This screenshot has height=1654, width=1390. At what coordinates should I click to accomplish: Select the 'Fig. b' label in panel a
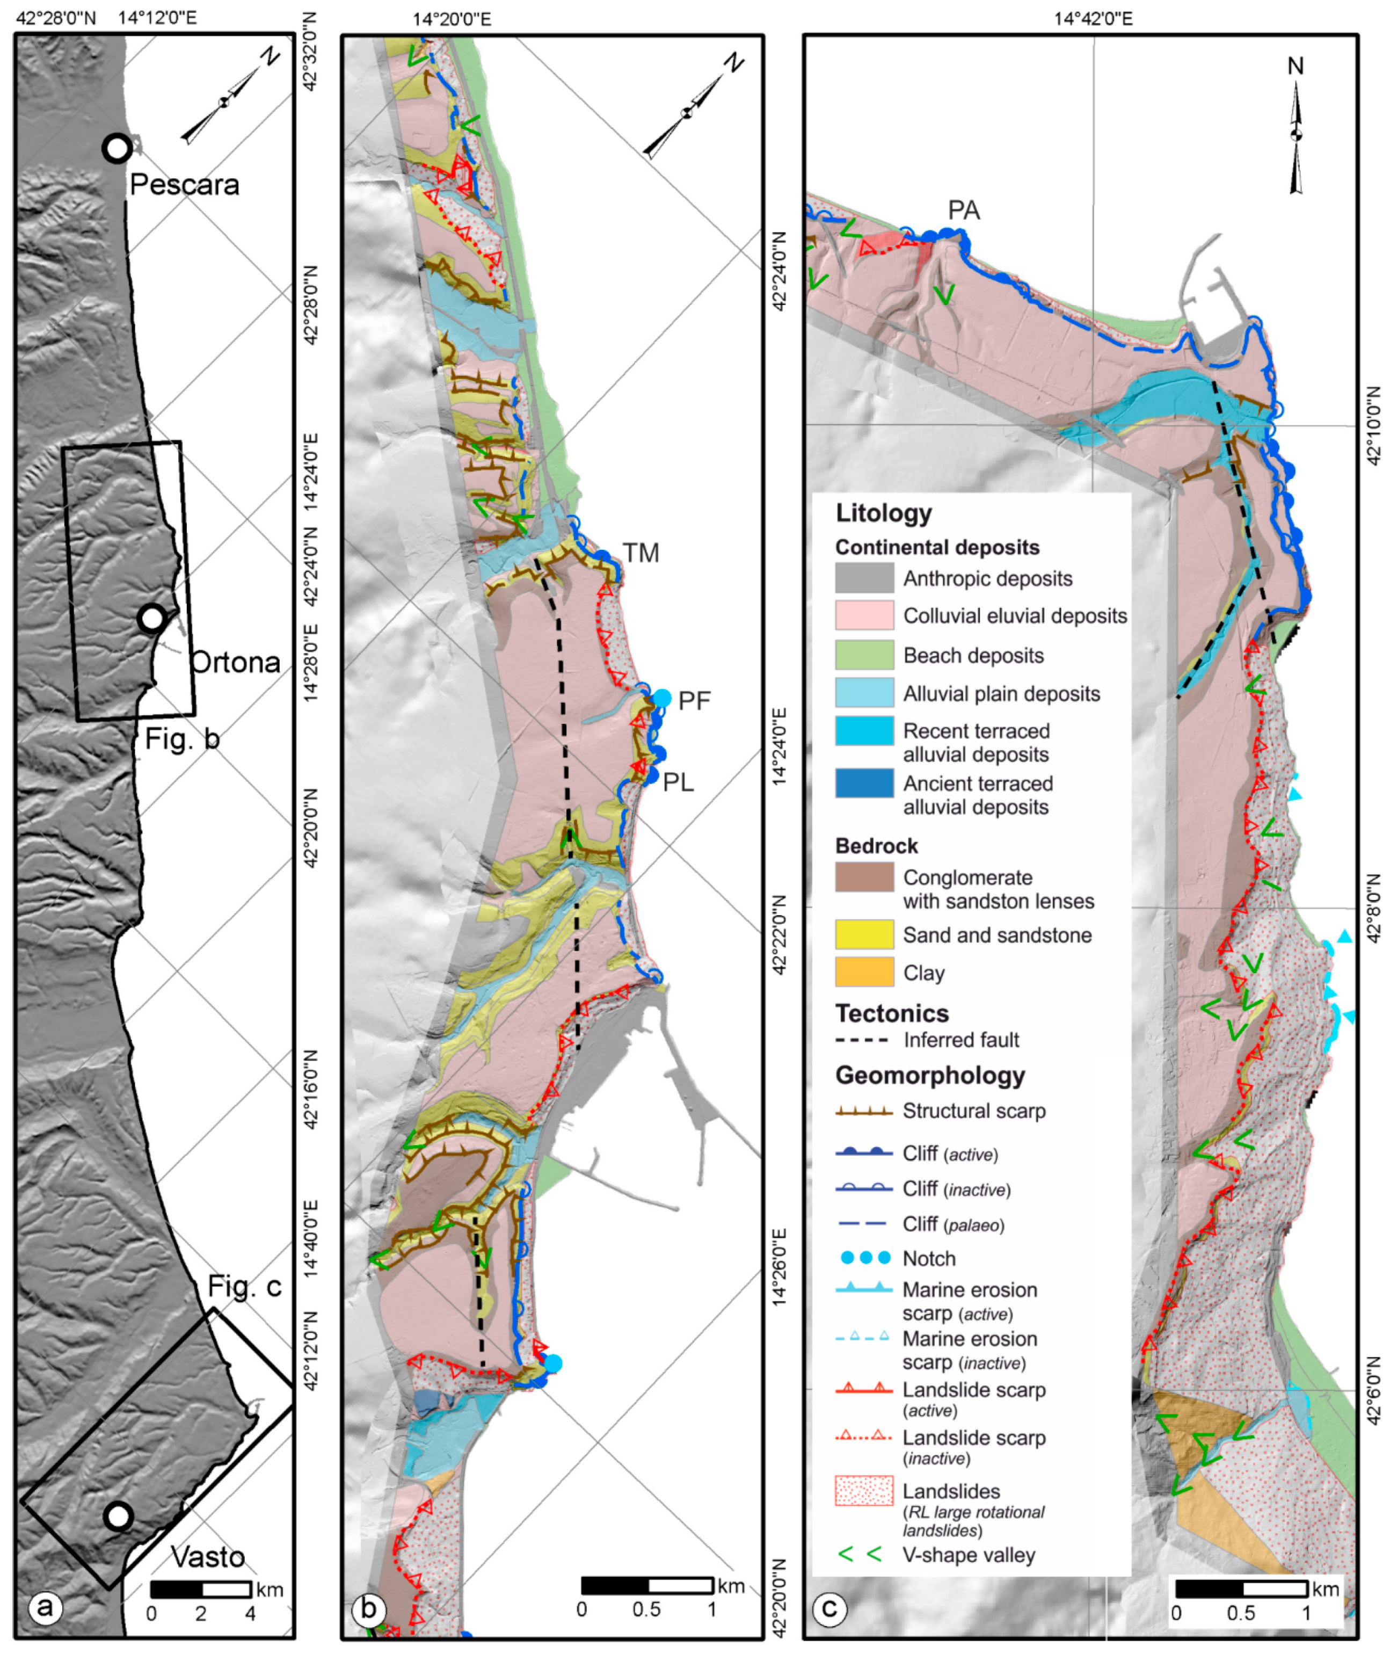182,738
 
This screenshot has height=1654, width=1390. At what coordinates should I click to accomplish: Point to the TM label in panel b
641,553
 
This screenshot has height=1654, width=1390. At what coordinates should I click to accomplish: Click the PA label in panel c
964,211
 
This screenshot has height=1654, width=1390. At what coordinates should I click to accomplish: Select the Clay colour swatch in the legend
864,973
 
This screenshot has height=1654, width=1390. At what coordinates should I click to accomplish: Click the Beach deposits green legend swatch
864,655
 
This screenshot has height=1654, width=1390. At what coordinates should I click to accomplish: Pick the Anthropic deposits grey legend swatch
864,578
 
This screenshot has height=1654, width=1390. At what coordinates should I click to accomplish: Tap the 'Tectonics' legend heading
891,1013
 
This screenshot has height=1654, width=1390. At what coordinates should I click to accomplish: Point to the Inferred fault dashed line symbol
864,1040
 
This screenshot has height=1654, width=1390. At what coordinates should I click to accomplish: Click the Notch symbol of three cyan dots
864,1258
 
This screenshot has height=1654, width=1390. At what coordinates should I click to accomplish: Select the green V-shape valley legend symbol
860,1555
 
